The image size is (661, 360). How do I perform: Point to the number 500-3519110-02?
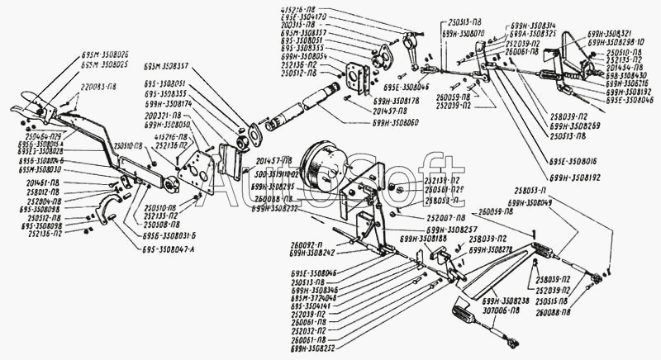[x=276, y=176]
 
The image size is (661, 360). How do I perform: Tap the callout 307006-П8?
[x=505, y=310]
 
